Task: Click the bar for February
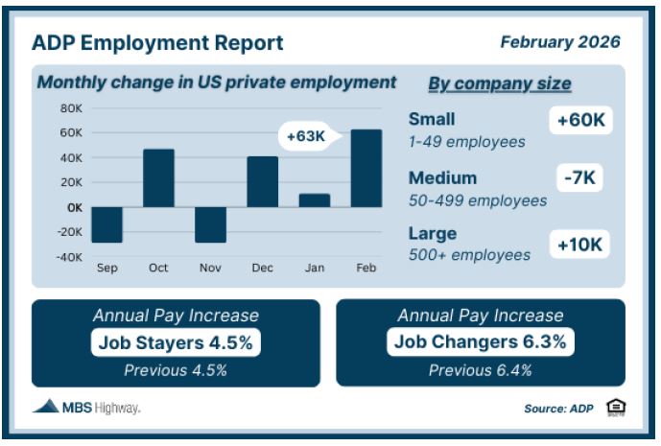pos(366,168)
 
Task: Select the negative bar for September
pos(107,224)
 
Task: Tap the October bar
pos(158,177)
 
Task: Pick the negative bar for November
pos(210,224)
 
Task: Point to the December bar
pos(263,181)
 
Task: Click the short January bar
pos(315,200)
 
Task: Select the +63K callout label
pos(306,136)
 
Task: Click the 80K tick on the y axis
pos(71,108)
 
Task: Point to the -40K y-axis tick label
pos(70,257)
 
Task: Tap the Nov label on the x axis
pos(210,268)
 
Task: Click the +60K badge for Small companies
pos(580,120)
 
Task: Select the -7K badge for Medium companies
pos(579,177)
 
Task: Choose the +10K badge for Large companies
pos(579,244)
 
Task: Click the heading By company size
pos(500,83)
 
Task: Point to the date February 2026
pos(560,42)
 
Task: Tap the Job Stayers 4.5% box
pos(176,342)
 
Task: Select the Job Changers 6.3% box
pos(481,341)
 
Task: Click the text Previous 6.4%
pos(480,370)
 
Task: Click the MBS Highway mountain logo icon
pos(46,406)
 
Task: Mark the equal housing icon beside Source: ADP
pos(616,408)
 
